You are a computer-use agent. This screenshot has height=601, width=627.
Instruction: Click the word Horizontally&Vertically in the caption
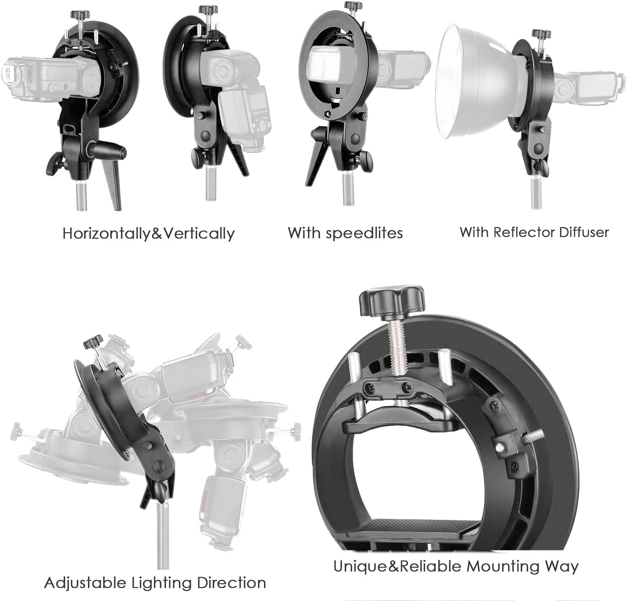pos(148,234)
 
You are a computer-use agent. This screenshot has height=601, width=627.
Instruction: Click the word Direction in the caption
pos(231,583)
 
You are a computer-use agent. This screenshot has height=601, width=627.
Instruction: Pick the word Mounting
pos(503,567)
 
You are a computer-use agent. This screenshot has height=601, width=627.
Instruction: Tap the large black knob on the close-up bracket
pos(392,302)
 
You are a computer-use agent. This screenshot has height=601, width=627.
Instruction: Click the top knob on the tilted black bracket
pos(93,342)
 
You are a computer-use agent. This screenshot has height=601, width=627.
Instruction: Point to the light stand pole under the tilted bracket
pos(163,535)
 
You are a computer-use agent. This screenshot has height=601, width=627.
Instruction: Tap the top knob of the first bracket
pos(80,15)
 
